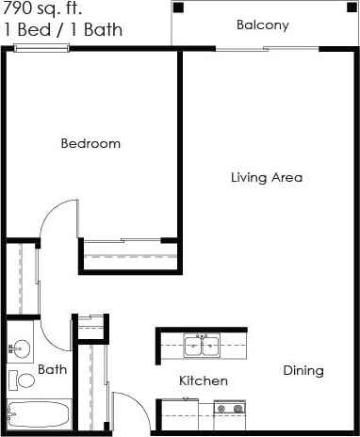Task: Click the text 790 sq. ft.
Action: (x=40, y=9)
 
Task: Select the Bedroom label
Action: (x=90, y=144)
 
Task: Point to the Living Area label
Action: (x=267, y=177)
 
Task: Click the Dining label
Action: (x=303, y=370)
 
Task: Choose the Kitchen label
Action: (x=204, y=381)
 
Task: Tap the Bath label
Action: (x=52, y=370)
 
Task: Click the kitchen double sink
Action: (x=201, y=346)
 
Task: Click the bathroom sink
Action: (x=19, y=348)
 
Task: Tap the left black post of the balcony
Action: (x=178, y=8)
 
